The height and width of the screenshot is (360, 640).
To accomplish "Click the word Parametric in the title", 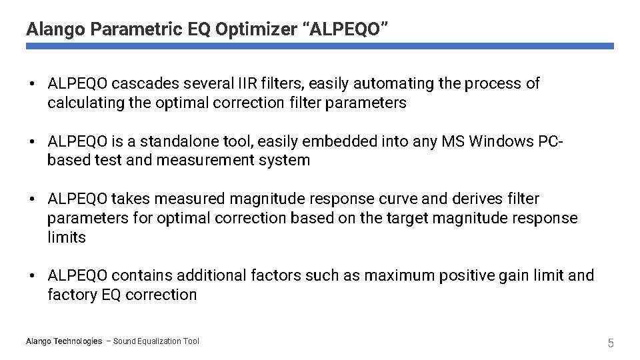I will [137, 29].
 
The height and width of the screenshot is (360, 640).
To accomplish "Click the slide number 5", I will [610, 343].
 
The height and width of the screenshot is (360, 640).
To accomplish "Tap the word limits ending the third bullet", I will [67, 237].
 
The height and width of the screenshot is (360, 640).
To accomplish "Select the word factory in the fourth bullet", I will [70, 295].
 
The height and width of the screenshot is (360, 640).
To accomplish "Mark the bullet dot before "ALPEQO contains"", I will [32, 275].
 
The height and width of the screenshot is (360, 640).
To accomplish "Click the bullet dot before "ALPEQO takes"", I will [32, 199].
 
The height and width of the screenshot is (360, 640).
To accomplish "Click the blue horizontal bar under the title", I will [320, 46].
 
